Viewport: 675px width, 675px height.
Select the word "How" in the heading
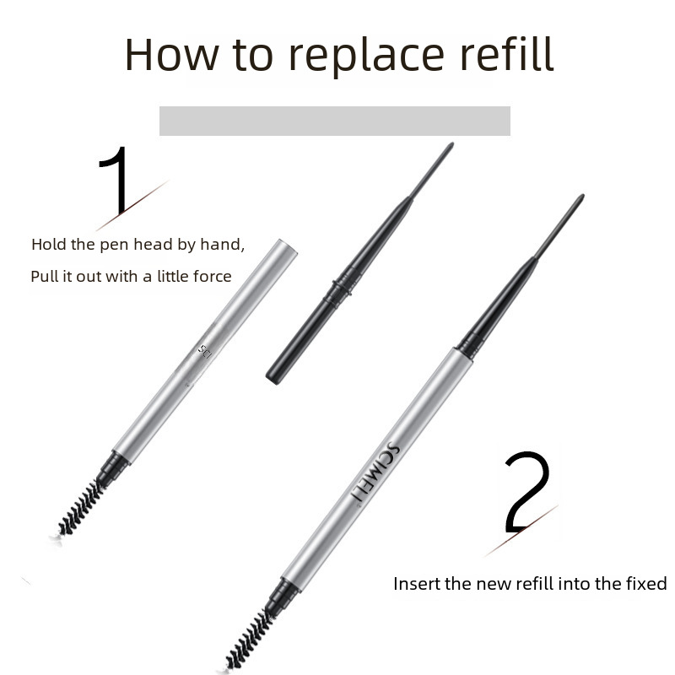pyautogui.click(x=172, y=54)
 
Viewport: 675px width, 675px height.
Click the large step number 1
pyautogui.click(x=115, y=181)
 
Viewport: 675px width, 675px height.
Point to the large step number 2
pyautogui.click(x=527, y=491)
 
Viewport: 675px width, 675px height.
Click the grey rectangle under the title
pyautogui.click(x=335, y=121)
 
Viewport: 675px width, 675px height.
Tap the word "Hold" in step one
pyautogui.click(x=49, y=244)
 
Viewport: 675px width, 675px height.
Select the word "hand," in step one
pyautogui.click(x=222, y=245)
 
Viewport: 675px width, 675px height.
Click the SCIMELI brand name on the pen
pyautogui.click(x=375, y=471)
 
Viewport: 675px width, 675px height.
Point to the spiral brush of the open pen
pyautogui.click(x=79, y=509)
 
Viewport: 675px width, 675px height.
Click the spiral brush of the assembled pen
pyautogui.click(x=250, y=640)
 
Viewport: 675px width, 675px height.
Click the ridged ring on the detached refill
pyautogui.click(x=339, y=289)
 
